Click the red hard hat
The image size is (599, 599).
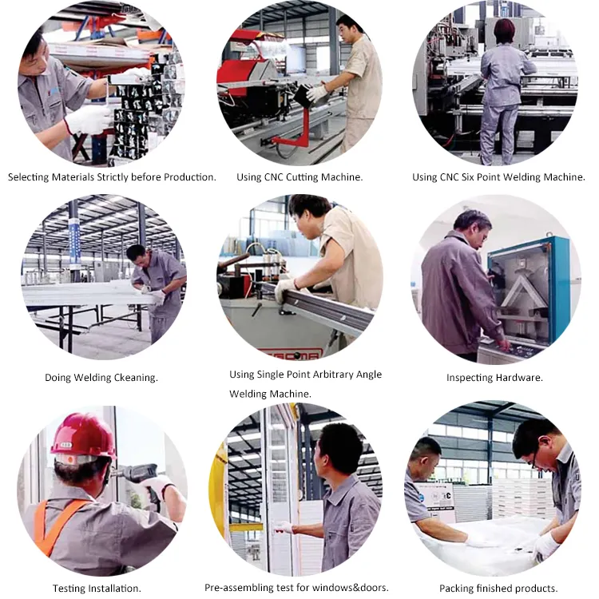[x=83, y=436]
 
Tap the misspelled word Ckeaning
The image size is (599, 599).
[x=133, y=378]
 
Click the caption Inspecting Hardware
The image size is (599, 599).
[x=494, y=378]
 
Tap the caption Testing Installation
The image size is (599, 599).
[x=90, y=589]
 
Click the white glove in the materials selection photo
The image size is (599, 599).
[x=88, y=120]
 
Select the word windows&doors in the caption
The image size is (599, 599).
[x=355, y=588]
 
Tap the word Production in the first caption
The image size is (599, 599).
[x=186, y=177]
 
